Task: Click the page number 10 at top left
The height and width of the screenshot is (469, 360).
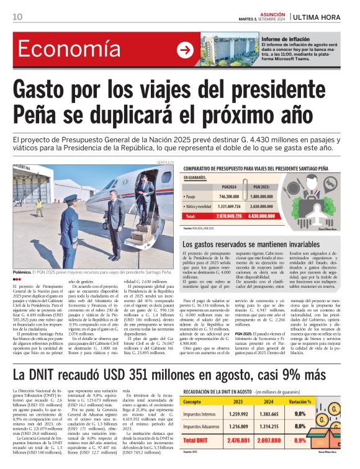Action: pos(17,18)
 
